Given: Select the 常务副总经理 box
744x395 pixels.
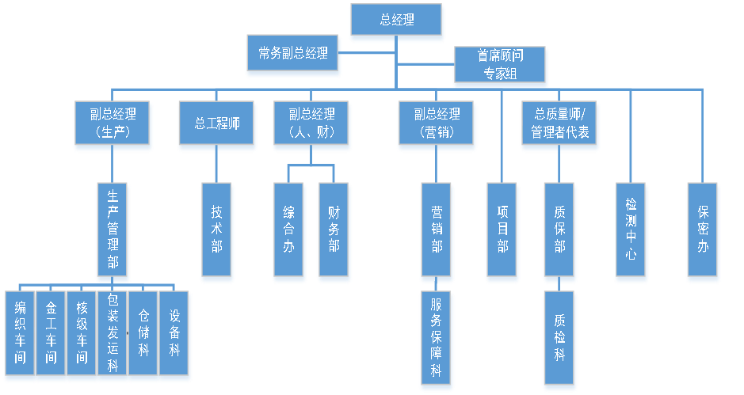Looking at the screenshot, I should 293,55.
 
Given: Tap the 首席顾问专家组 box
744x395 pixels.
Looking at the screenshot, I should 500,65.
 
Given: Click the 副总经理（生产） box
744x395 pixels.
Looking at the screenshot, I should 112,123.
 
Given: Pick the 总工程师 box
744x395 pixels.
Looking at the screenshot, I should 216,124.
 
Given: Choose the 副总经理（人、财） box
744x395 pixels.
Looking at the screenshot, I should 311,123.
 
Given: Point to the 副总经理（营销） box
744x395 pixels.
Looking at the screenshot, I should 437,123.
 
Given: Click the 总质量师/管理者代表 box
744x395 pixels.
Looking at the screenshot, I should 559,123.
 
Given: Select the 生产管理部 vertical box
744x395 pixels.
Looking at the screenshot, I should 113,230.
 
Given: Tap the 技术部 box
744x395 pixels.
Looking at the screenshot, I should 216,231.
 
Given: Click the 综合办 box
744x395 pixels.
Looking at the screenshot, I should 288,231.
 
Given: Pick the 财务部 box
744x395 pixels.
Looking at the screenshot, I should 334,231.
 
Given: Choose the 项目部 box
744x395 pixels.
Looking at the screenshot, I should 502,231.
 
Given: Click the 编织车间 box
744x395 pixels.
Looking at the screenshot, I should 20,336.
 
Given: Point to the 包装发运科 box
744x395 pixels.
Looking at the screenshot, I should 113,336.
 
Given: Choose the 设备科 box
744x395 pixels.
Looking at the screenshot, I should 174,336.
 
